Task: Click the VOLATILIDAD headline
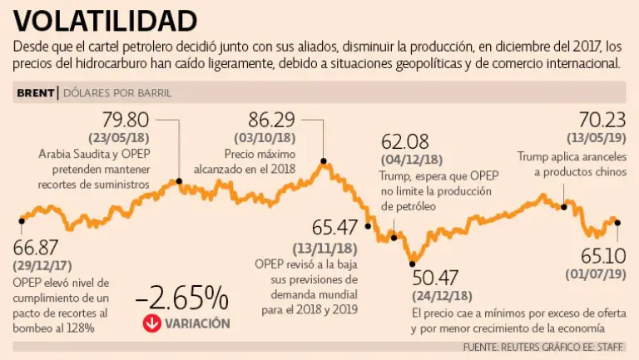pos(106,19)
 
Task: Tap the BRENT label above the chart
pos(35,92)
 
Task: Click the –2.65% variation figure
pos(182,297)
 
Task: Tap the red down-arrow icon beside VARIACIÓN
pos(151,323)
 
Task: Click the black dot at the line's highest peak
pos(324,161)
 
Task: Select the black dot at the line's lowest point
pos(412,264)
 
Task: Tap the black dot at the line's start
pos(22,220)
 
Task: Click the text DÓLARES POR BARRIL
pos(117,92)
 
